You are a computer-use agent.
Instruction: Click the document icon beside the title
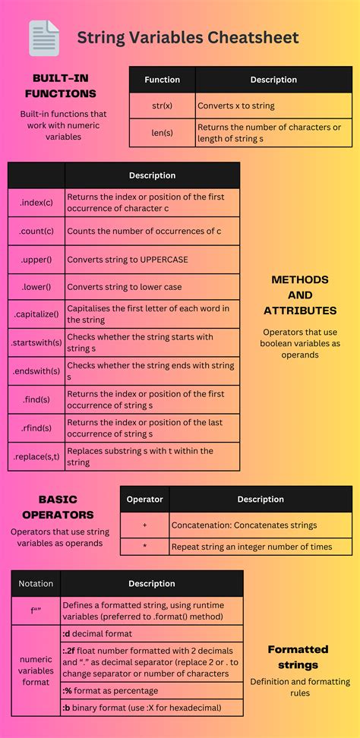(44, 38)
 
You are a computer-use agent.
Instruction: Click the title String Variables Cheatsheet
(188, 38)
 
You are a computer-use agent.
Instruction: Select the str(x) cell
(163, 106)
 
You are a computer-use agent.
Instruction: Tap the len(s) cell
(163, 132)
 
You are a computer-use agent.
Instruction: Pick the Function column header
(163, 79)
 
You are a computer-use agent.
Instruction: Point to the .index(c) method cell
(36, 202)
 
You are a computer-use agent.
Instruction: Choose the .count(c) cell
(36, 231)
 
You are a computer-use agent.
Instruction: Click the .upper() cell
(36, 259)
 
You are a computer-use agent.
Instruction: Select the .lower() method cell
(36, 287)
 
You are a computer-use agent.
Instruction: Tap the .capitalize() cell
(36, 314)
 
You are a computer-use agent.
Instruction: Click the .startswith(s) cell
(36, 342)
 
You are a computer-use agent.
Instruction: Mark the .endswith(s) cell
(36, 371)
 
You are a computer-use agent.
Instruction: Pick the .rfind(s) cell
(36, 428)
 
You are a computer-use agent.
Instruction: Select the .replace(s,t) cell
(36, 456)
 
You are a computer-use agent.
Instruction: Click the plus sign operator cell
(144, 525)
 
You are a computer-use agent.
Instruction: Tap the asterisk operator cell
(144, 547)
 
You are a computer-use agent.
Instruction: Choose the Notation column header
(36, 584)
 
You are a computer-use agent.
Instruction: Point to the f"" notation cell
(36, 610)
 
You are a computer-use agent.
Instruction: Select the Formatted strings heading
(298, 657)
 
